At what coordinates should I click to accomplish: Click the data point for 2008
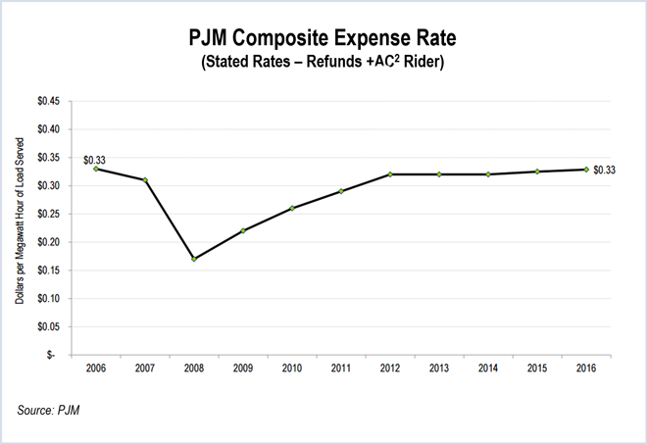194,259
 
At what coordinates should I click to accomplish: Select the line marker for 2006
96,169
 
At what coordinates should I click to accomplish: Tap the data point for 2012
390,174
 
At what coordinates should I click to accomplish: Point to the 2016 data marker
586,170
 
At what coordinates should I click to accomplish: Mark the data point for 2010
292,208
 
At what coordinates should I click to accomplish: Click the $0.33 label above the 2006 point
94,160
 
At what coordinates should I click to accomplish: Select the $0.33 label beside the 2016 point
605,171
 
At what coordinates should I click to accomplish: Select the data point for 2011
341,191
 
